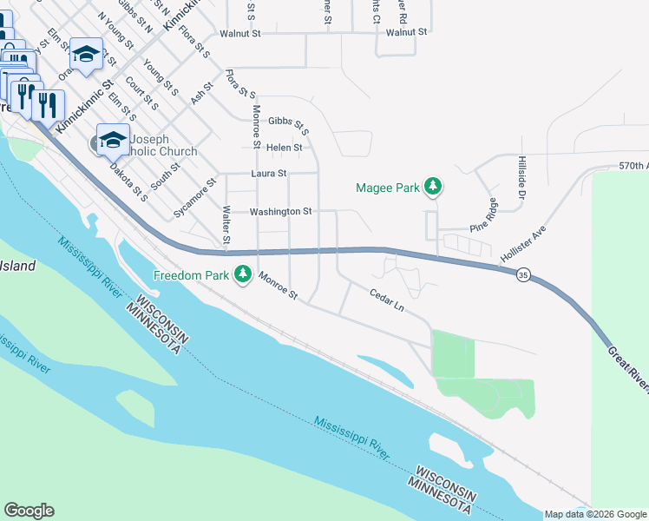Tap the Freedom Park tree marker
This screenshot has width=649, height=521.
click(244, 275)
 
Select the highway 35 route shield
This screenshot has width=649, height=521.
click(522, 274)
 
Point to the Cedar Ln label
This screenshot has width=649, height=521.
click(386, 300)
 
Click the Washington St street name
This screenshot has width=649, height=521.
click(280, 211)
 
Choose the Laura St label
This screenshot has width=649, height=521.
click(268, 174)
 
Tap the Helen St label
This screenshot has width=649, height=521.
click(284, 148)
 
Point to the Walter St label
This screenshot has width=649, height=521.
click(226, 224)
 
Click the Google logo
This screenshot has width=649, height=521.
click(29, 511)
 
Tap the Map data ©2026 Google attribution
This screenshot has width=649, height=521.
click(595, 514)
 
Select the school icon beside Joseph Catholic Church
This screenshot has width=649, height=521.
click(113, 139)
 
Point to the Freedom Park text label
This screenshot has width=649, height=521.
click(191, 275)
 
